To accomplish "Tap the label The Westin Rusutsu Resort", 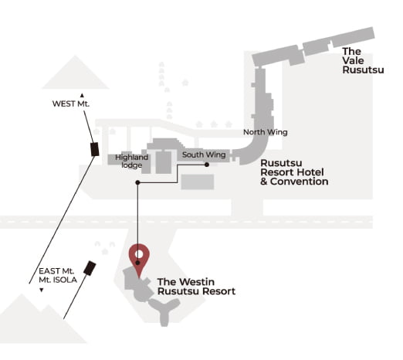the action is coord(196,287).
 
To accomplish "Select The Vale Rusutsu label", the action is coord(363,61).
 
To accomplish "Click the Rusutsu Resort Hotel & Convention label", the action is coord(294,172).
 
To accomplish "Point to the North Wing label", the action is coord(266,132).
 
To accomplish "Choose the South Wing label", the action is coord(204,155).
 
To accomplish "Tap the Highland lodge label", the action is coord(131,161).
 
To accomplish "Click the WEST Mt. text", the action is coord(71,104).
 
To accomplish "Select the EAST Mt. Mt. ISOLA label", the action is coord(58,276).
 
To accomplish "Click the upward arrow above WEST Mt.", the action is coord(82,96).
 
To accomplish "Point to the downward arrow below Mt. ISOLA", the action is coord(41,290).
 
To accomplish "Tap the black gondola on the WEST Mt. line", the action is coord(95,149).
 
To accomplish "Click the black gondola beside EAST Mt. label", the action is coord(90,268).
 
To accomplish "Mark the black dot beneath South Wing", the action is coord(207,165).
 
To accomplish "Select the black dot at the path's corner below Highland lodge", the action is coord(137,182).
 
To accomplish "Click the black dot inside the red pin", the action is coord(137,263).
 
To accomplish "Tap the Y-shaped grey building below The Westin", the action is coord(164,311).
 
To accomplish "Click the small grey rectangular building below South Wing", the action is coord(198,182).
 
